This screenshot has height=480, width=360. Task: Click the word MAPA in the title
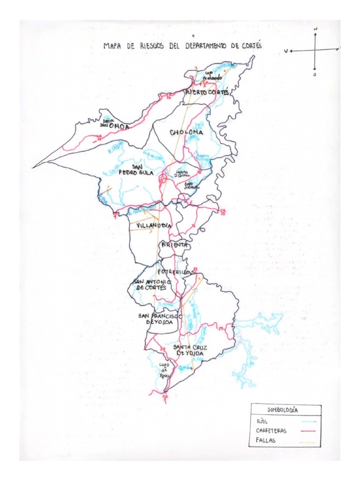[112, 46]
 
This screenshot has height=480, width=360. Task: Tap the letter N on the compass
[315, 29]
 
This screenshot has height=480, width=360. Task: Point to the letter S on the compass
[315, 74]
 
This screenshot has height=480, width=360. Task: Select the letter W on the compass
[285, 51]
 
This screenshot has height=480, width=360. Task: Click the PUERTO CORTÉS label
[207, 93]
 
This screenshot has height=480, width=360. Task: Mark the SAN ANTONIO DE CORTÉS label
[150, 285]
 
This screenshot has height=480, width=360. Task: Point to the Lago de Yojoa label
[164, 370]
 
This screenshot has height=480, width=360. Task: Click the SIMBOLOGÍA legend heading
[286, 410]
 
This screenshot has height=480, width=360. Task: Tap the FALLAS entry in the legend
[267, 440]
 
